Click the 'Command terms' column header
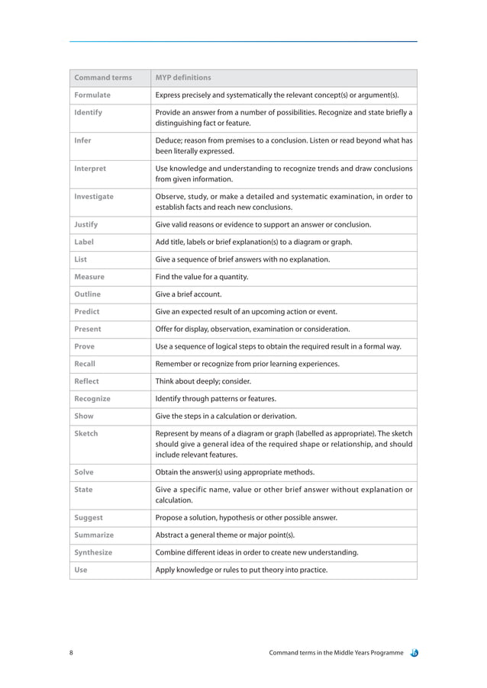[x=102, y=78]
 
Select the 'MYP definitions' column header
[x=183, y=78]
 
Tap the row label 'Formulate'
[x=92, y=95]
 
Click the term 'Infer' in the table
[x=82, y=140]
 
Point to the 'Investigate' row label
[x=94, y=197]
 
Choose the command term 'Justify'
[x=86, y=225]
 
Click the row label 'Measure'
[x=89, y=277]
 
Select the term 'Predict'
[x=87, y=312]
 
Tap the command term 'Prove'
[x=85, y=347]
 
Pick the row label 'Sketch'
[x=86, y=433]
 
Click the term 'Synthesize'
[x=93, y=552]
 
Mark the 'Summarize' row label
[x=93, y=535]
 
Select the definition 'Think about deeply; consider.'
[x=203, y=381]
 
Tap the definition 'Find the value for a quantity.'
[x=202, y=277]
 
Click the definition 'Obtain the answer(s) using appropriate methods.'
[x=237, y=473]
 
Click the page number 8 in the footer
[x=71, y=653]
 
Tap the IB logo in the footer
[x=413, y=653]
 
